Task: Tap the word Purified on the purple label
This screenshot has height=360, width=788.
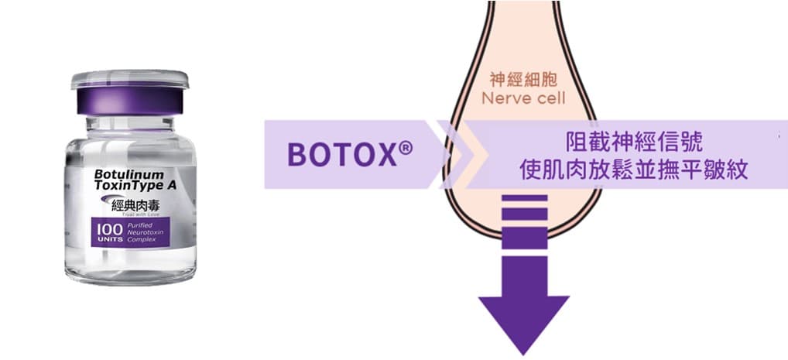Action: pyautogui.click(x=138, y=225)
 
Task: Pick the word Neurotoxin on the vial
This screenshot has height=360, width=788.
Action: pyautogui.click(x=142, y=233)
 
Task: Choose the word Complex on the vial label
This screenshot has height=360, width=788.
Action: pyautogui.click(x=140, y=241)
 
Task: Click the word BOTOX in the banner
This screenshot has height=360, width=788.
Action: pyautogui.click(x=339, y=154)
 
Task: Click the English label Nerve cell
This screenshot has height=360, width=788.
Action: pyautogui.click(x=524, y=98)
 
